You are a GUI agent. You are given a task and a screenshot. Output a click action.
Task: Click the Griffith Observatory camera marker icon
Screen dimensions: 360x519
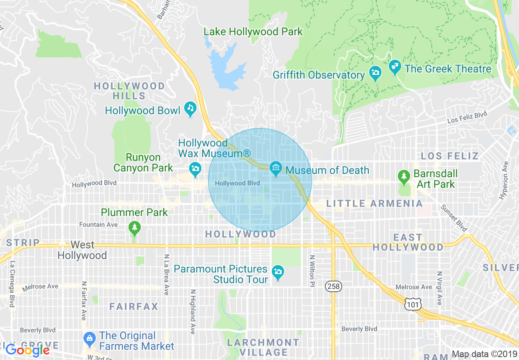(x=375, y=73)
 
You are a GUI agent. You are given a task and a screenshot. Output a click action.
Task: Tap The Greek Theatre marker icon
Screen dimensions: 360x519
(x=395, y=67)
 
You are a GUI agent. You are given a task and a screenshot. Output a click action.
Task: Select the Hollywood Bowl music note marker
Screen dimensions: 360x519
(x=190, y=109)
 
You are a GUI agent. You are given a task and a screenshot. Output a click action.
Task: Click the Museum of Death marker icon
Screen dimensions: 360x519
(x=276, y=169)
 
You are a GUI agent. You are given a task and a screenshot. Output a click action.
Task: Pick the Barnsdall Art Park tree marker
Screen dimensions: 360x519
(x=404, y=176)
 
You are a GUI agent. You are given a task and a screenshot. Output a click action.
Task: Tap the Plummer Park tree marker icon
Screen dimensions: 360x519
(x=134, y=227)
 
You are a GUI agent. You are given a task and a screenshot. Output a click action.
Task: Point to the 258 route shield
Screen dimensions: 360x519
(x=334, y=286)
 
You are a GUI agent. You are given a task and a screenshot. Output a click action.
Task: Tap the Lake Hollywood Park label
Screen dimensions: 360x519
(x=253, y=32)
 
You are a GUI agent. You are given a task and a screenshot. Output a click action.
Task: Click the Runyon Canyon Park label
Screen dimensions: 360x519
(x=143, y=162)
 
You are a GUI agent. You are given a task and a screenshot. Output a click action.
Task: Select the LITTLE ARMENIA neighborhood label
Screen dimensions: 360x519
(x=374, y=203)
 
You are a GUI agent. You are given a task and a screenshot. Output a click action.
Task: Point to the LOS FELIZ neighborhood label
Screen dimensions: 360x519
(x=449, y=156)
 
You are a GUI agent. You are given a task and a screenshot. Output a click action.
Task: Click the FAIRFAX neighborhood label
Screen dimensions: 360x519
(x=133, y=306)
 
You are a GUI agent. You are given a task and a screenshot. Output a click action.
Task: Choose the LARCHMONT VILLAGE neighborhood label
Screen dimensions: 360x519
(x=264, y=347)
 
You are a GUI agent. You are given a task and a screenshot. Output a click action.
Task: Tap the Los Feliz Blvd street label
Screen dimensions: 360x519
(x=467, y=117)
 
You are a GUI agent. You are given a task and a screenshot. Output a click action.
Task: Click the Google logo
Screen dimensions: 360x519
(x=27, y=350)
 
